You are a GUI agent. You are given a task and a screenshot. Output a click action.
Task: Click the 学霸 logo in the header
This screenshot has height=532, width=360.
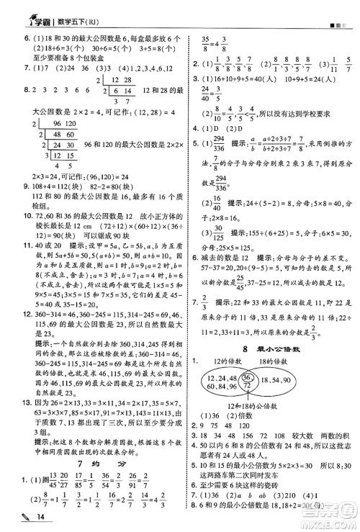coord(24,9)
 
